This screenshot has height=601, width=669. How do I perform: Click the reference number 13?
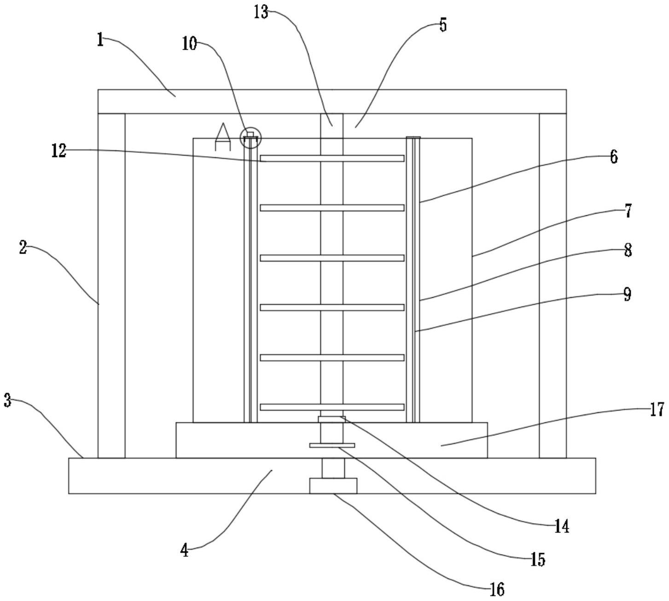tap(261, 12)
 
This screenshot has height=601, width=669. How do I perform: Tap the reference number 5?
tap(442, 25)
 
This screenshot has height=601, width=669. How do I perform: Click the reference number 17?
tap(657, 409)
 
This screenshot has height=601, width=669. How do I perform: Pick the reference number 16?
tap(497, 589)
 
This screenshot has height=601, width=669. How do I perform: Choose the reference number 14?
tap(562, 526)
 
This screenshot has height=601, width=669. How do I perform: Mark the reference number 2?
tap(23, 248)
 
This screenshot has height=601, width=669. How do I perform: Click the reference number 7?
tap(628, 211)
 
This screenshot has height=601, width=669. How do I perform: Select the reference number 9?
tap(627, 295)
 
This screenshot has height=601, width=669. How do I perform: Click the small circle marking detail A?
tap(250, 137)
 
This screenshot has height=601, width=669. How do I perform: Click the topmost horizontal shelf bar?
tap(332, 158)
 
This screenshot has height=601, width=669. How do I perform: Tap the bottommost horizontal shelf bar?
tap(332, 407)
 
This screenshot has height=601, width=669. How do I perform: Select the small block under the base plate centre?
tap(333, 485)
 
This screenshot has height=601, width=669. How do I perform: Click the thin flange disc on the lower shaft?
tap(332, 445)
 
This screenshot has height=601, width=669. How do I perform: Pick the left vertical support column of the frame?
tap(111, 285)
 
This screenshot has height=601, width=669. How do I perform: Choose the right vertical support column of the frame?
tap(553, 285)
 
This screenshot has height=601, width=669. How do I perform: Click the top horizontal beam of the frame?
tap(332, 101)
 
